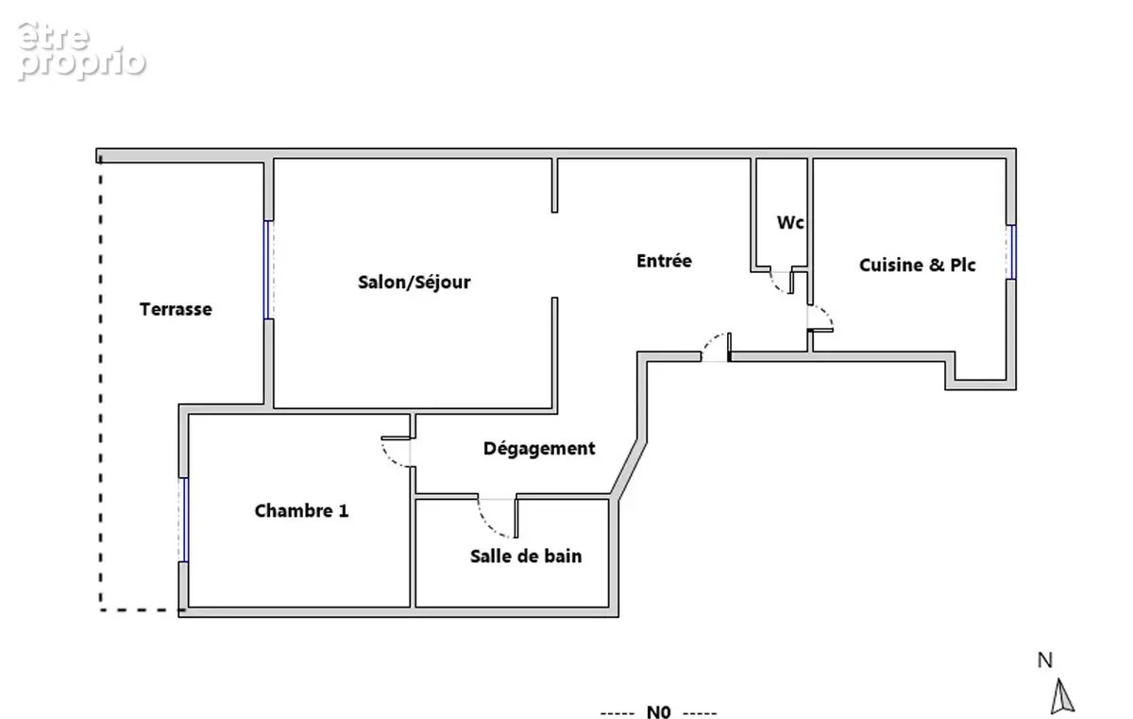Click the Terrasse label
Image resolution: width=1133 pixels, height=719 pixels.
176,309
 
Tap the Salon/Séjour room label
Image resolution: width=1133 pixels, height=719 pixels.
414,282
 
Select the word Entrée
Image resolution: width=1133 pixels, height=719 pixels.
664,261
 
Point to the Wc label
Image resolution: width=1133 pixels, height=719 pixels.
790,222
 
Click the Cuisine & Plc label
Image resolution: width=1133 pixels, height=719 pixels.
917,265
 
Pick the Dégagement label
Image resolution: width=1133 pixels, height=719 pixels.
539,449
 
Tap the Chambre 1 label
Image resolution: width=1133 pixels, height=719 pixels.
301,511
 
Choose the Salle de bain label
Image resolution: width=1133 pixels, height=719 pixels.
526,556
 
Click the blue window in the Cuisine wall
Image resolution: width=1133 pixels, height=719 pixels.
1011,252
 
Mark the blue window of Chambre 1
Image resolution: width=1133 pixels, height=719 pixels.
184,520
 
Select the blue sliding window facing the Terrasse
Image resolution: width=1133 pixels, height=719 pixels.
268,269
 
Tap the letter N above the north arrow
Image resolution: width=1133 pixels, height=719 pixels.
1045,660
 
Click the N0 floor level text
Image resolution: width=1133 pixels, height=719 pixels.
659,712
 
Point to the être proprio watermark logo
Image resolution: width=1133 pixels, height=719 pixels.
81,51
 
